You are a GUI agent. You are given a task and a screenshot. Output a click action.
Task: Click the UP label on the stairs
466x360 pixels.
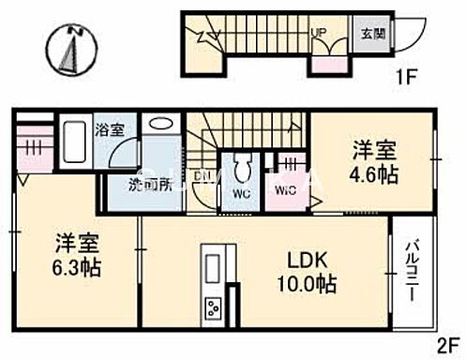point(319,32)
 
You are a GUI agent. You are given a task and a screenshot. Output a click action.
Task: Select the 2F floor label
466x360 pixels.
point(444,345)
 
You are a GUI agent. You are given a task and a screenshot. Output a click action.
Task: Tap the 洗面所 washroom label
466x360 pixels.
point(150,186)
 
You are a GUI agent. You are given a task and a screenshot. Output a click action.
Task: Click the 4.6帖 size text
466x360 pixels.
point(371,175)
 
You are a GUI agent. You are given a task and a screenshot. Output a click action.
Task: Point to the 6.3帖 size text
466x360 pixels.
point(72,267)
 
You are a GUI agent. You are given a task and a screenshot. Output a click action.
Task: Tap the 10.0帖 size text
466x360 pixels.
point(306,284)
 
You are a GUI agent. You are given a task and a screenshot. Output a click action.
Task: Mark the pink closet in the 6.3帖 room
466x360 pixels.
point(29,150)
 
